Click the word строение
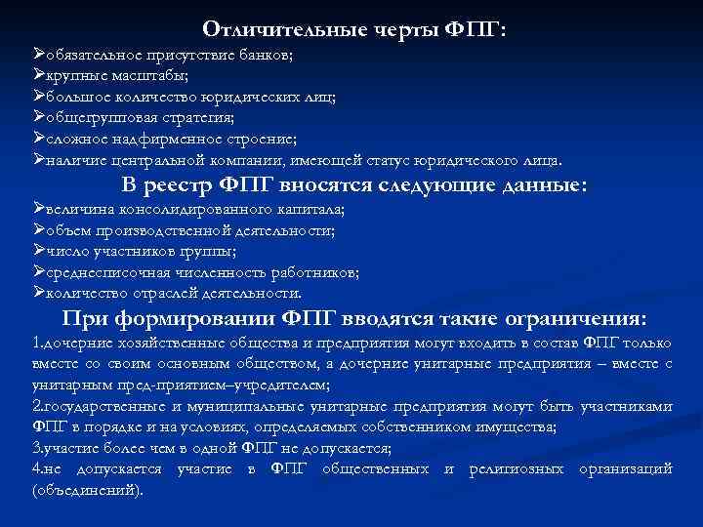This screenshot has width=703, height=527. pyautogui.click(x=257, y=140)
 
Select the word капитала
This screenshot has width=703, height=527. pyautogui.click(x=312, y=210)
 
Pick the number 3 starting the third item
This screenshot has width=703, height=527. pyautogui.click(x=36, y=449)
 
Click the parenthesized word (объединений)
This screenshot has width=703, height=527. pyautogui.click(x=87, y=490)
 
